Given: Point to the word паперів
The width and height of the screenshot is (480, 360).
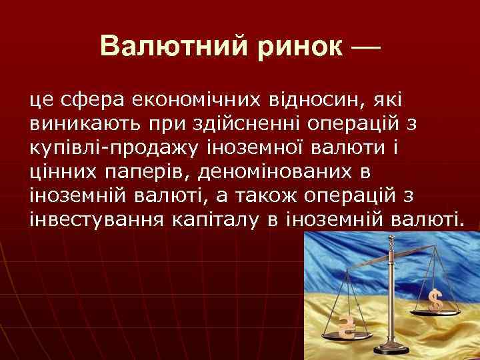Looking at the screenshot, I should point(140,172).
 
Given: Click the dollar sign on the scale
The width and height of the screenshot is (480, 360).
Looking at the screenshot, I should point(435,301).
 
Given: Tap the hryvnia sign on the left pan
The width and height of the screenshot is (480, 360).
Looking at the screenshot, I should point(346,326).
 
